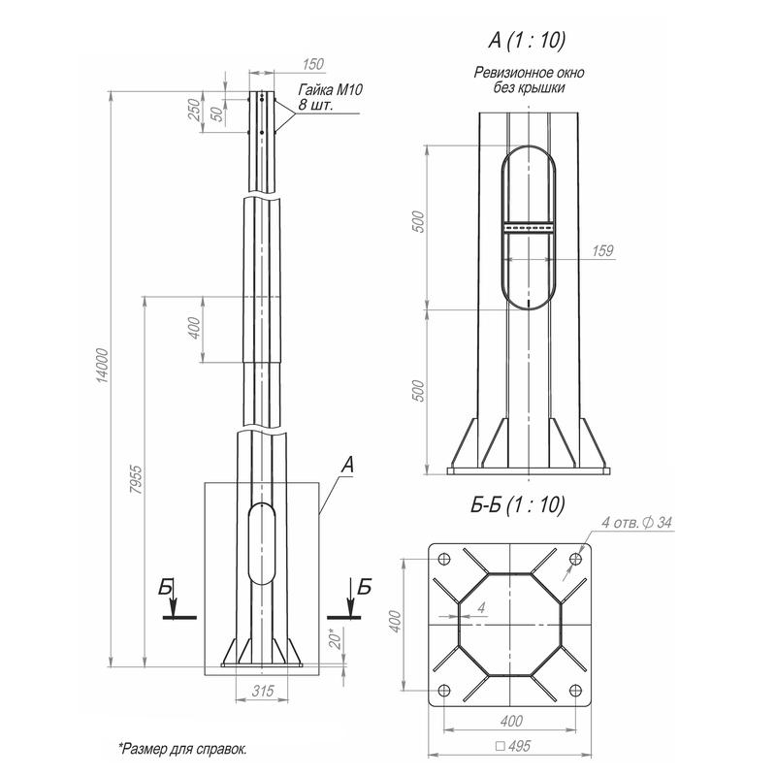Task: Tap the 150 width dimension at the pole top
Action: click(312, 64)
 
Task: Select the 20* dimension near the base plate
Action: click(335, 640)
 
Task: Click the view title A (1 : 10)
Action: click(528, 40)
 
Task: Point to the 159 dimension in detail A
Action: click(601, 250)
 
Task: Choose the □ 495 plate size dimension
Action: click(512, 747)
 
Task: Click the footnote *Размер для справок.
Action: click(181, 749)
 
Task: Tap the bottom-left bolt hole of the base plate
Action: click(444, 691)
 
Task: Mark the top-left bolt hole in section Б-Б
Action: click(444, 560)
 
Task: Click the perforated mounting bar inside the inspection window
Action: click(527, 228)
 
